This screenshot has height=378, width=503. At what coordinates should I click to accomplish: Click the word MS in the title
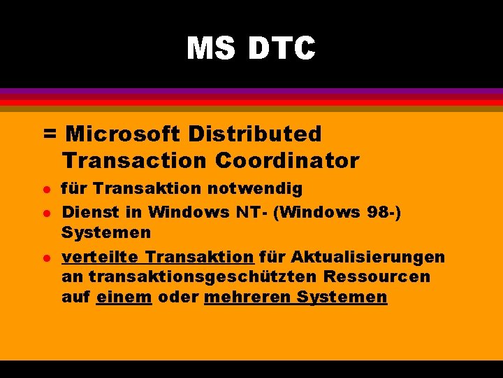211,49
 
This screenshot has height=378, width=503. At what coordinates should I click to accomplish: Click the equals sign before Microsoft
50,133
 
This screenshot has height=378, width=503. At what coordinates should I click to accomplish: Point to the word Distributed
259,133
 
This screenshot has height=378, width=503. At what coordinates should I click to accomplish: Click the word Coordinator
287,160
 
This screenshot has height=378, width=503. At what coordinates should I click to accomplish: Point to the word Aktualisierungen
368,257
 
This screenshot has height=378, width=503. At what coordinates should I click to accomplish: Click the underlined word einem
124,297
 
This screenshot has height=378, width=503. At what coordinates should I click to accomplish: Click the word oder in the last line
177,297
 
